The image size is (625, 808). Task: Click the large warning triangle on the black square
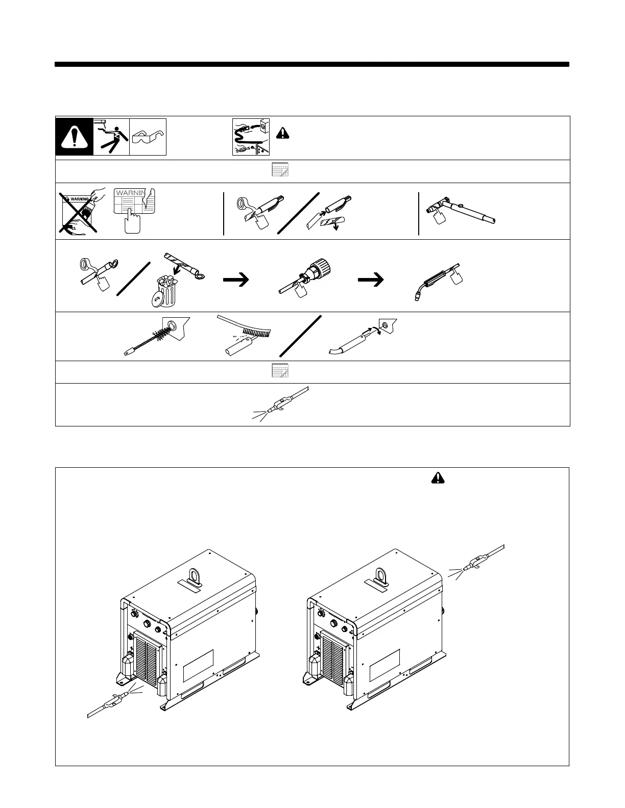[75, 137]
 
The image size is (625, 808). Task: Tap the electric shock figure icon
[111, 137]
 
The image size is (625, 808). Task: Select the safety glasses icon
[148, 137]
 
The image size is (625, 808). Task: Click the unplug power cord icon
[251, 137]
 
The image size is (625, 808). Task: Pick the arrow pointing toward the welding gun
[371, 279]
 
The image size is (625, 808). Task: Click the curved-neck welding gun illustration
[437, 280]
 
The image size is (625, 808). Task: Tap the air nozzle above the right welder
[472, 564]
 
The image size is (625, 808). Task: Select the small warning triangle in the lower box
[438, 477]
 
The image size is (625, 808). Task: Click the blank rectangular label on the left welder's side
[198, 665]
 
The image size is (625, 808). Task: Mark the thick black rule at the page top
[312, 65]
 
